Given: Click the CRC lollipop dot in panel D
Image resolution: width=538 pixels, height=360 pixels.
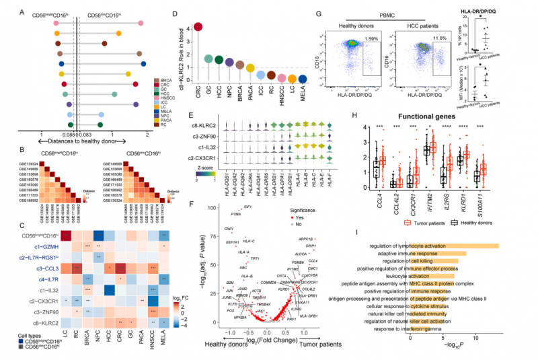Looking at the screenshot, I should tap(198, 27).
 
